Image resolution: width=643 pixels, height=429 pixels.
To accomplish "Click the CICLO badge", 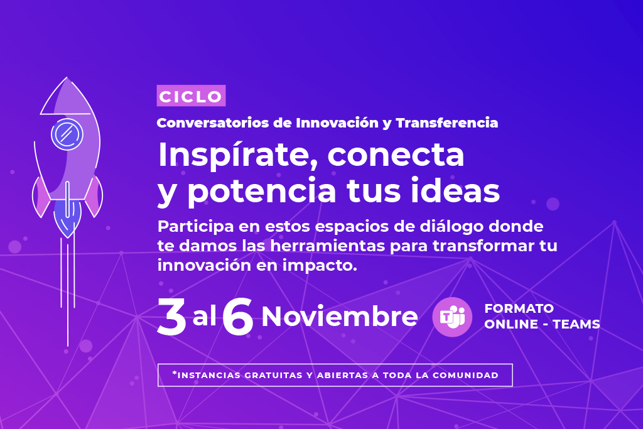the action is [x=191, y=95].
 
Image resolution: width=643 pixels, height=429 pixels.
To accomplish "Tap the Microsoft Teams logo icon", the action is [x=452, y=317].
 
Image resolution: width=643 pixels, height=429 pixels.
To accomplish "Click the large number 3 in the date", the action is [x=172, y=317].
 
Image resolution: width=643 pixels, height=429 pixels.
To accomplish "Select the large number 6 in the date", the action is [x=237, y=317].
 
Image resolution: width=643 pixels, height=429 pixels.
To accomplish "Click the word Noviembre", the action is [x=340, y=317].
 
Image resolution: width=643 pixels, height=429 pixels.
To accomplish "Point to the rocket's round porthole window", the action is [x=67, y=134].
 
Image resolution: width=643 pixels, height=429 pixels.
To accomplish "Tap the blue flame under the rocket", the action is [x=67, y=218].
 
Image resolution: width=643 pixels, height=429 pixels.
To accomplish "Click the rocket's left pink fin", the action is [x=41, y=197].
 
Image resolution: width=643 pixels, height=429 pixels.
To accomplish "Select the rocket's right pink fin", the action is [x=94, y=196].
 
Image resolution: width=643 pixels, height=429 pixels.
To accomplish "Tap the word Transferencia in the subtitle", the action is [x=447, y=122].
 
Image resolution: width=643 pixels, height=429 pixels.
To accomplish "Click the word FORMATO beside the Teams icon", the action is [x=519, y=308].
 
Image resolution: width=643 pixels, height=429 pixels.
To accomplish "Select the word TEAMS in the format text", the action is [x=576, y=324].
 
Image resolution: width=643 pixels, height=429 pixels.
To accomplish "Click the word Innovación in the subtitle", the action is [x=337, y=122].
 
